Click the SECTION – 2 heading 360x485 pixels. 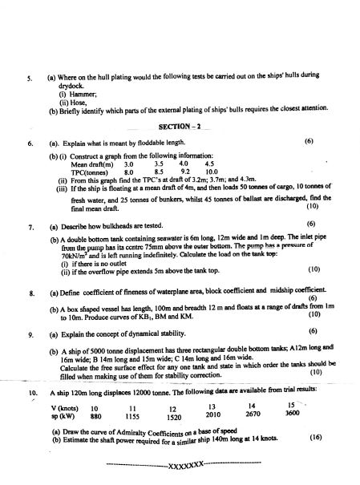tap(184, 128)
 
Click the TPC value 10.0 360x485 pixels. tap(212, 171)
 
